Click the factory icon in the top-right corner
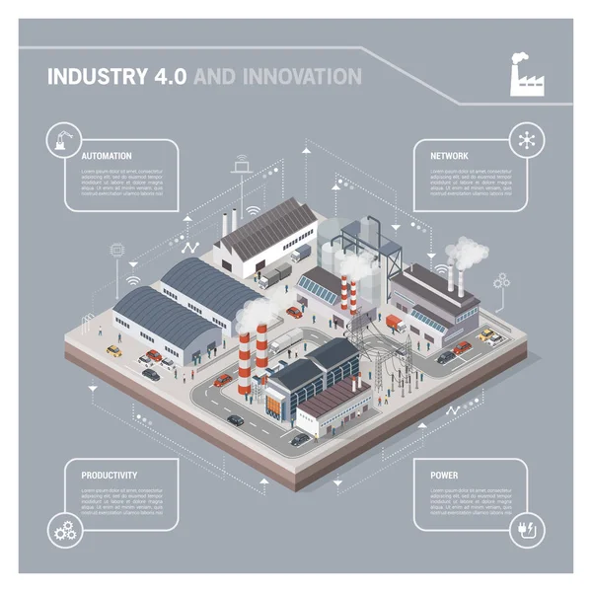click(x=525, y=75)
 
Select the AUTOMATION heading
click(x=107, y=156)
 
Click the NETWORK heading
click(x=449, y=156)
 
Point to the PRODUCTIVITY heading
click(x=110, y=475)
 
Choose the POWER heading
click(x=444, y=475)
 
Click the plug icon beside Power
click(x=522, y=532)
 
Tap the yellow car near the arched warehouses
click(x=114, y=350)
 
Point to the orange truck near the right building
click(x=396, y=323)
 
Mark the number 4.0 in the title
click(x=171, y=76)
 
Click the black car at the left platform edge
click(x=151, y=374)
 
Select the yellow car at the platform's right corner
click(x=486, y=335)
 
